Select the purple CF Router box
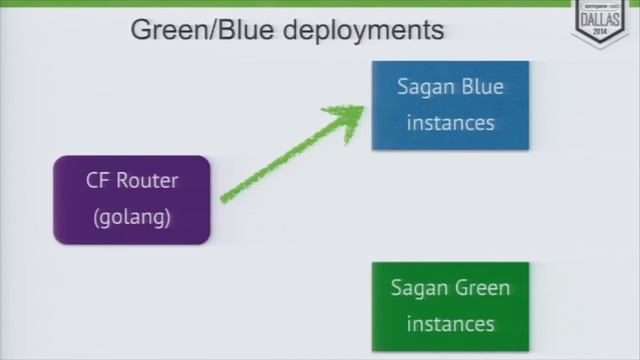click(x=131, y=199)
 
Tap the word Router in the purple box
click(x=146, y=182)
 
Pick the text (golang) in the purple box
click(x=131, y=217)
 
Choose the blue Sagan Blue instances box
click(x=450, y=105)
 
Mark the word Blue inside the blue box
click(x=482, y=87)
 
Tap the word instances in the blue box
click(x=450, y=124)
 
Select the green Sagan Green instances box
click(x=450, y=306)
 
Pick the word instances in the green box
click(x=450, y=324)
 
